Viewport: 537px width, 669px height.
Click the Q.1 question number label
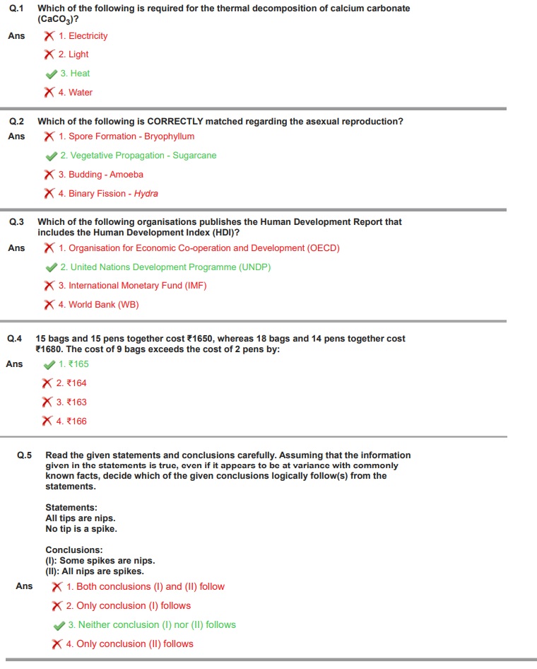tap(16, 8)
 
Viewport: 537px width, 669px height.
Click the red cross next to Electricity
tap(49, 35)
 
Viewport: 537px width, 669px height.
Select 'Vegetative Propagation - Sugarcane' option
tap(138, 156)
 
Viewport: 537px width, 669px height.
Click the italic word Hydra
tap(146, 194)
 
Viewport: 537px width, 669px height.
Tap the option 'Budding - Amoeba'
tap(100, 175)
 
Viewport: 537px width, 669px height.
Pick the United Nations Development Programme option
tap(165, 267)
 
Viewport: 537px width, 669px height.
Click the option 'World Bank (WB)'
tap(98, 305)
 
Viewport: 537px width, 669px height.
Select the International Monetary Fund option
tap(132, 286)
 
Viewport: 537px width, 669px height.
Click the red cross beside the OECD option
tap(49, 248)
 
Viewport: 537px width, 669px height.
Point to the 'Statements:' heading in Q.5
tap(71, 508)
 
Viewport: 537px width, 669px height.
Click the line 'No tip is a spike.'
tap(81, 529)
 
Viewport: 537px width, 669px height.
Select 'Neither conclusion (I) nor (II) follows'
tap(152, 625)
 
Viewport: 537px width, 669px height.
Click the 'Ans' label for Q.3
tap(16, 248)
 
